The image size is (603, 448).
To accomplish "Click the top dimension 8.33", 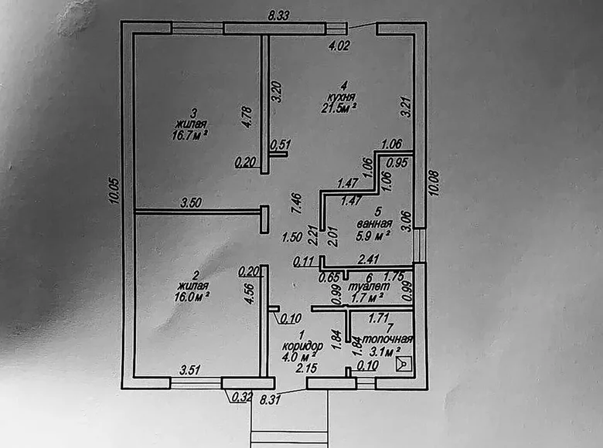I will point(278,15).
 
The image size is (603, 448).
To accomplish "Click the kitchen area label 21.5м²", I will point(339,108).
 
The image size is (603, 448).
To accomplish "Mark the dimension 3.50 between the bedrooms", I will point(192,203).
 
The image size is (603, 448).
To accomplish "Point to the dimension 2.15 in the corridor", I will point(304,369).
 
